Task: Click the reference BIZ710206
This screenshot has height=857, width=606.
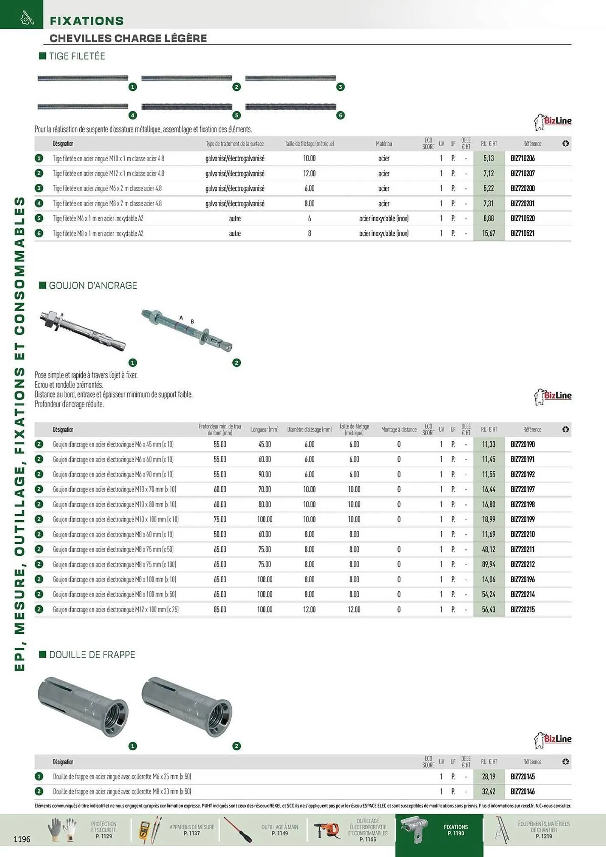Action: coord(522,159)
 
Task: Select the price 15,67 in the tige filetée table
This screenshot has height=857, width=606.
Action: coord(489,234)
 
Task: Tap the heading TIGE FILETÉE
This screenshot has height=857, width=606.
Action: coord(77,56)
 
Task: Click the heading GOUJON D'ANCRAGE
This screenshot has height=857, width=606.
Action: coord(93,285)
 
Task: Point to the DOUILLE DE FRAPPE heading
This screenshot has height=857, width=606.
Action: coord(92,655)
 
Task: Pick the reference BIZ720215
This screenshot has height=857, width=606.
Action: coord(522,609)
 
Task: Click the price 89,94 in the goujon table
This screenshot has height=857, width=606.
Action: coord(489,564)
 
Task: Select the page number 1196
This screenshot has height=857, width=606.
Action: coord(22,839)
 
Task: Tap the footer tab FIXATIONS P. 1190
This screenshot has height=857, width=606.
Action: coord(456,830)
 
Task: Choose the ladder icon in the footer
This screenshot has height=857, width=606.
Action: coord(501,830)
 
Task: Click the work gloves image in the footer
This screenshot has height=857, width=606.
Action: coord(62,830)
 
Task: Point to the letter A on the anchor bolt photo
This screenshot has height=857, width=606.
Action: coord(181,318)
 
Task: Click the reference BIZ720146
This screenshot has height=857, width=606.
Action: coord(522,791)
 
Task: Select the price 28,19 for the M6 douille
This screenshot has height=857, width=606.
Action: coord(489,776)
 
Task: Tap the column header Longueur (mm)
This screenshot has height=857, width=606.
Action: coord(264,429)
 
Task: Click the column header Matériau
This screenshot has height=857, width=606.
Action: coord(384,144)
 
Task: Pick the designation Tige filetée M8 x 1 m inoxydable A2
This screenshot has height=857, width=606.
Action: coord(98,234)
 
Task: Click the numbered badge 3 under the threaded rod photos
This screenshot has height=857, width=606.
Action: coord(340,87)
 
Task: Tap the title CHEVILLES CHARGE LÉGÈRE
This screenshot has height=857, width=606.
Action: coord(128,38)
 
